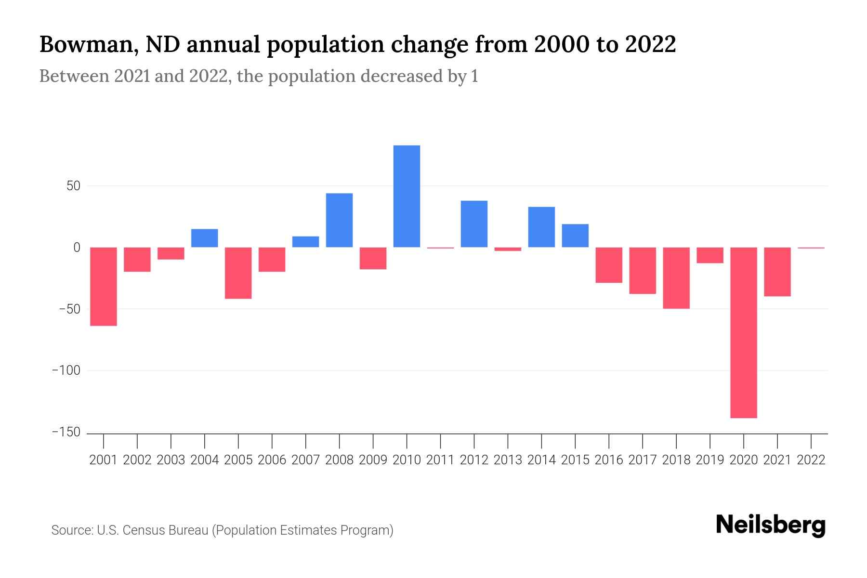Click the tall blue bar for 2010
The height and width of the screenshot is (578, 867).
407,196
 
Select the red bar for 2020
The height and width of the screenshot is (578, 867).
743,332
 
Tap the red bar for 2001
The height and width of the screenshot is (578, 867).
104,287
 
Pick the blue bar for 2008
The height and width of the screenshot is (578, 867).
339,220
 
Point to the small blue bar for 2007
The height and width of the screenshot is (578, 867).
305,242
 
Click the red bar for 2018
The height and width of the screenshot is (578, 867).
676,278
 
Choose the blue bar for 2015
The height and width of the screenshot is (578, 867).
575,236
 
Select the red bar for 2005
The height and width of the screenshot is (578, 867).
238,273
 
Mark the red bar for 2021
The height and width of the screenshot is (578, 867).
777,272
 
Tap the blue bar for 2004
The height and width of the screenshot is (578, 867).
204,238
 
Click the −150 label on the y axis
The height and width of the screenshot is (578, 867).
66,432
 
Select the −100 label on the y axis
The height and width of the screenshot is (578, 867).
66,370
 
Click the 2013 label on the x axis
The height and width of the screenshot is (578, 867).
507,460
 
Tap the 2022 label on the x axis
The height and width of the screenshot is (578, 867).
811,460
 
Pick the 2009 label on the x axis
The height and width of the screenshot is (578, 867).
373,460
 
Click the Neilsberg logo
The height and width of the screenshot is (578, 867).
770,525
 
